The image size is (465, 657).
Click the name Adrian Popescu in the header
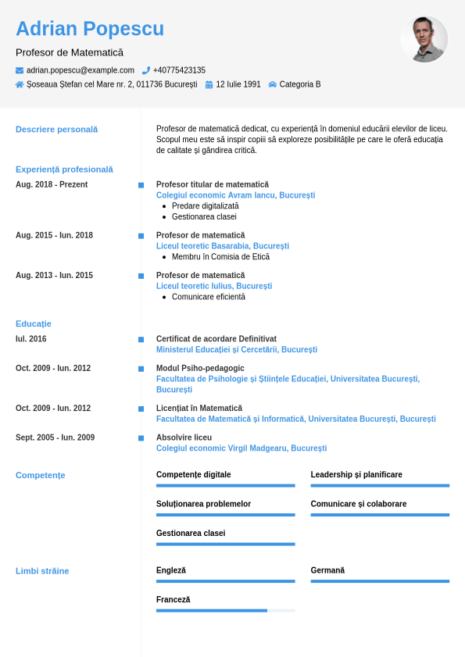(x=90, y=29)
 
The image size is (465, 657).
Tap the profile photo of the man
(x=424, y=39)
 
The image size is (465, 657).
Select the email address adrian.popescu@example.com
(x=80, y=70)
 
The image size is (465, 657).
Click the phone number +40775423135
(x=179, y=70)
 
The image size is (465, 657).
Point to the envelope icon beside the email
(x=20, y=70)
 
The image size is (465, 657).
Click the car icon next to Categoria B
(x=272, y=84)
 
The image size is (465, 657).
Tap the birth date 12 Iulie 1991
(x=238, y=84)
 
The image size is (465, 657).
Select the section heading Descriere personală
(x=56, y=130)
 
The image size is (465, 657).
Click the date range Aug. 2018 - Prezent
(x=52, y=185)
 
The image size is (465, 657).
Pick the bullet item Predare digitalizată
(x=205, y=206)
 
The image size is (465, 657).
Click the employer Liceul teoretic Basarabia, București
(x=223, y=246)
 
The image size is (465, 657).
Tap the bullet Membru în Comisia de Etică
(x=220, y=257)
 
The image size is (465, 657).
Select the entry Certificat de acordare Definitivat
(x=216, y=339)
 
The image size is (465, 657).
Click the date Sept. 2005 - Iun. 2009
(x=55, y=437)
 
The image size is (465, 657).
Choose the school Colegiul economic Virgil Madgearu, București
(x=241, y=448)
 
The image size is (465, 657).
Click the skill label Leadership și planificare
(x=356, y=475)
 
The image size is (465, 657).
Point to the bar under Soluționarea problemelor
(x=225, y=515)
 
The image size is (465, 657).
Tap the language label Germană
(x=327, y=570)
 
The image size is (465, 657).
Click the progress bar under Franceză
(x=225, y=610)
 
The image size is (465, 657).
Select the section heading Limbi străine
(x=42, y=571)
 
